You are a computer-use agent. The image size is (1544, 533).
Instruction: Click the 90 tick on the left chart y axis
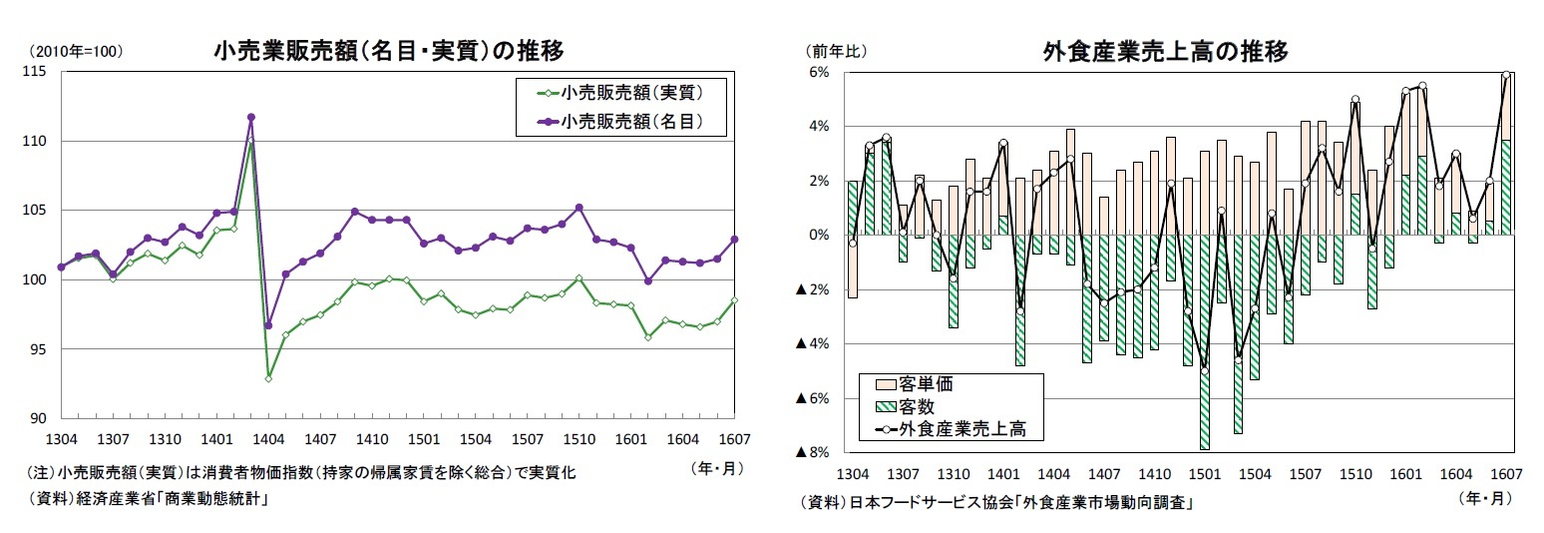point(42,418)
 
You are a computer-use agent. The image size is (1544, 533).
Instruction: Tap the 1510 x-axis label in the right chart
point(1354,473)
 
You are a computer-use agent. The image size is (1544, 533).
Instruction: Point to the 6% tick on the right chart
point(821,72)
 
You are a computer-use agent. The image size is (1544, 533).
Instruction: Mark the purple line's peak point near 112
point(251,117)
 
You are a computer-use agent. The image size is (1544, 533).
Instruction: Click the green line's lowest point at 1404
point(268,378)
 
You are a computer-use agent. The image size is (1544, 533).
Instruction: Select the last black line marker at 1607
point(1506,75)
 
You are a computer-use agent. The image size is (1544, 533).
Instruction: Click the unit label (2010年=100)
point(76,52)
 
